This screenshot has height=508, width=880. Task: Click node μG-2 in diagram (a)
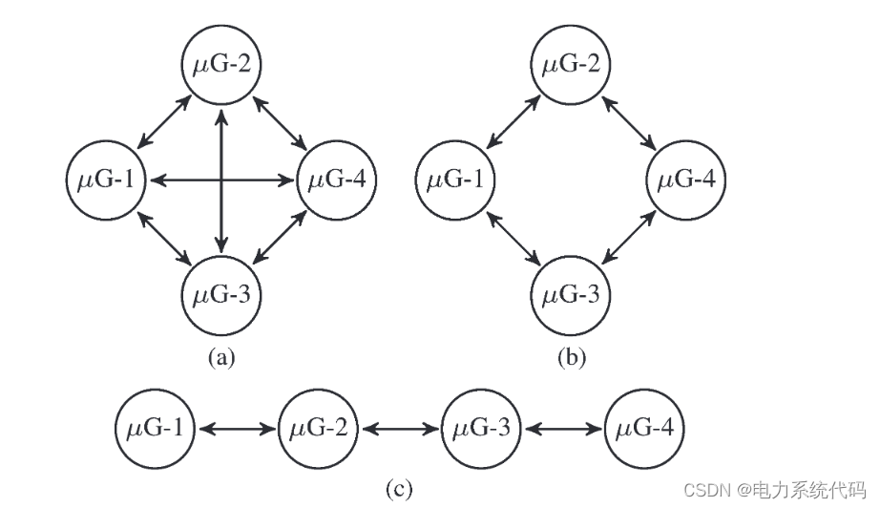pos(221,66)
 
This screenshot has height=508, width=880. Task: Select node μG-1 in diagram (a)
pos(106,179)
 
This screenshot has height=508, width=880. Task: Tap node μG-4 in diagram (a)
pos(337,179)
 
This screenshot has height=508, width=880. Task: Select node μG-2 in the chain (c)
pos(319,430)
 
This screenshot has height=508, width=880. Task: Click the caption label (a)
pos(221,358)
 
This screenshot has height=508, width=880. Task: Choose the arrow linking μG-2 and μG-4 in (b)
pos(630,122)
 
